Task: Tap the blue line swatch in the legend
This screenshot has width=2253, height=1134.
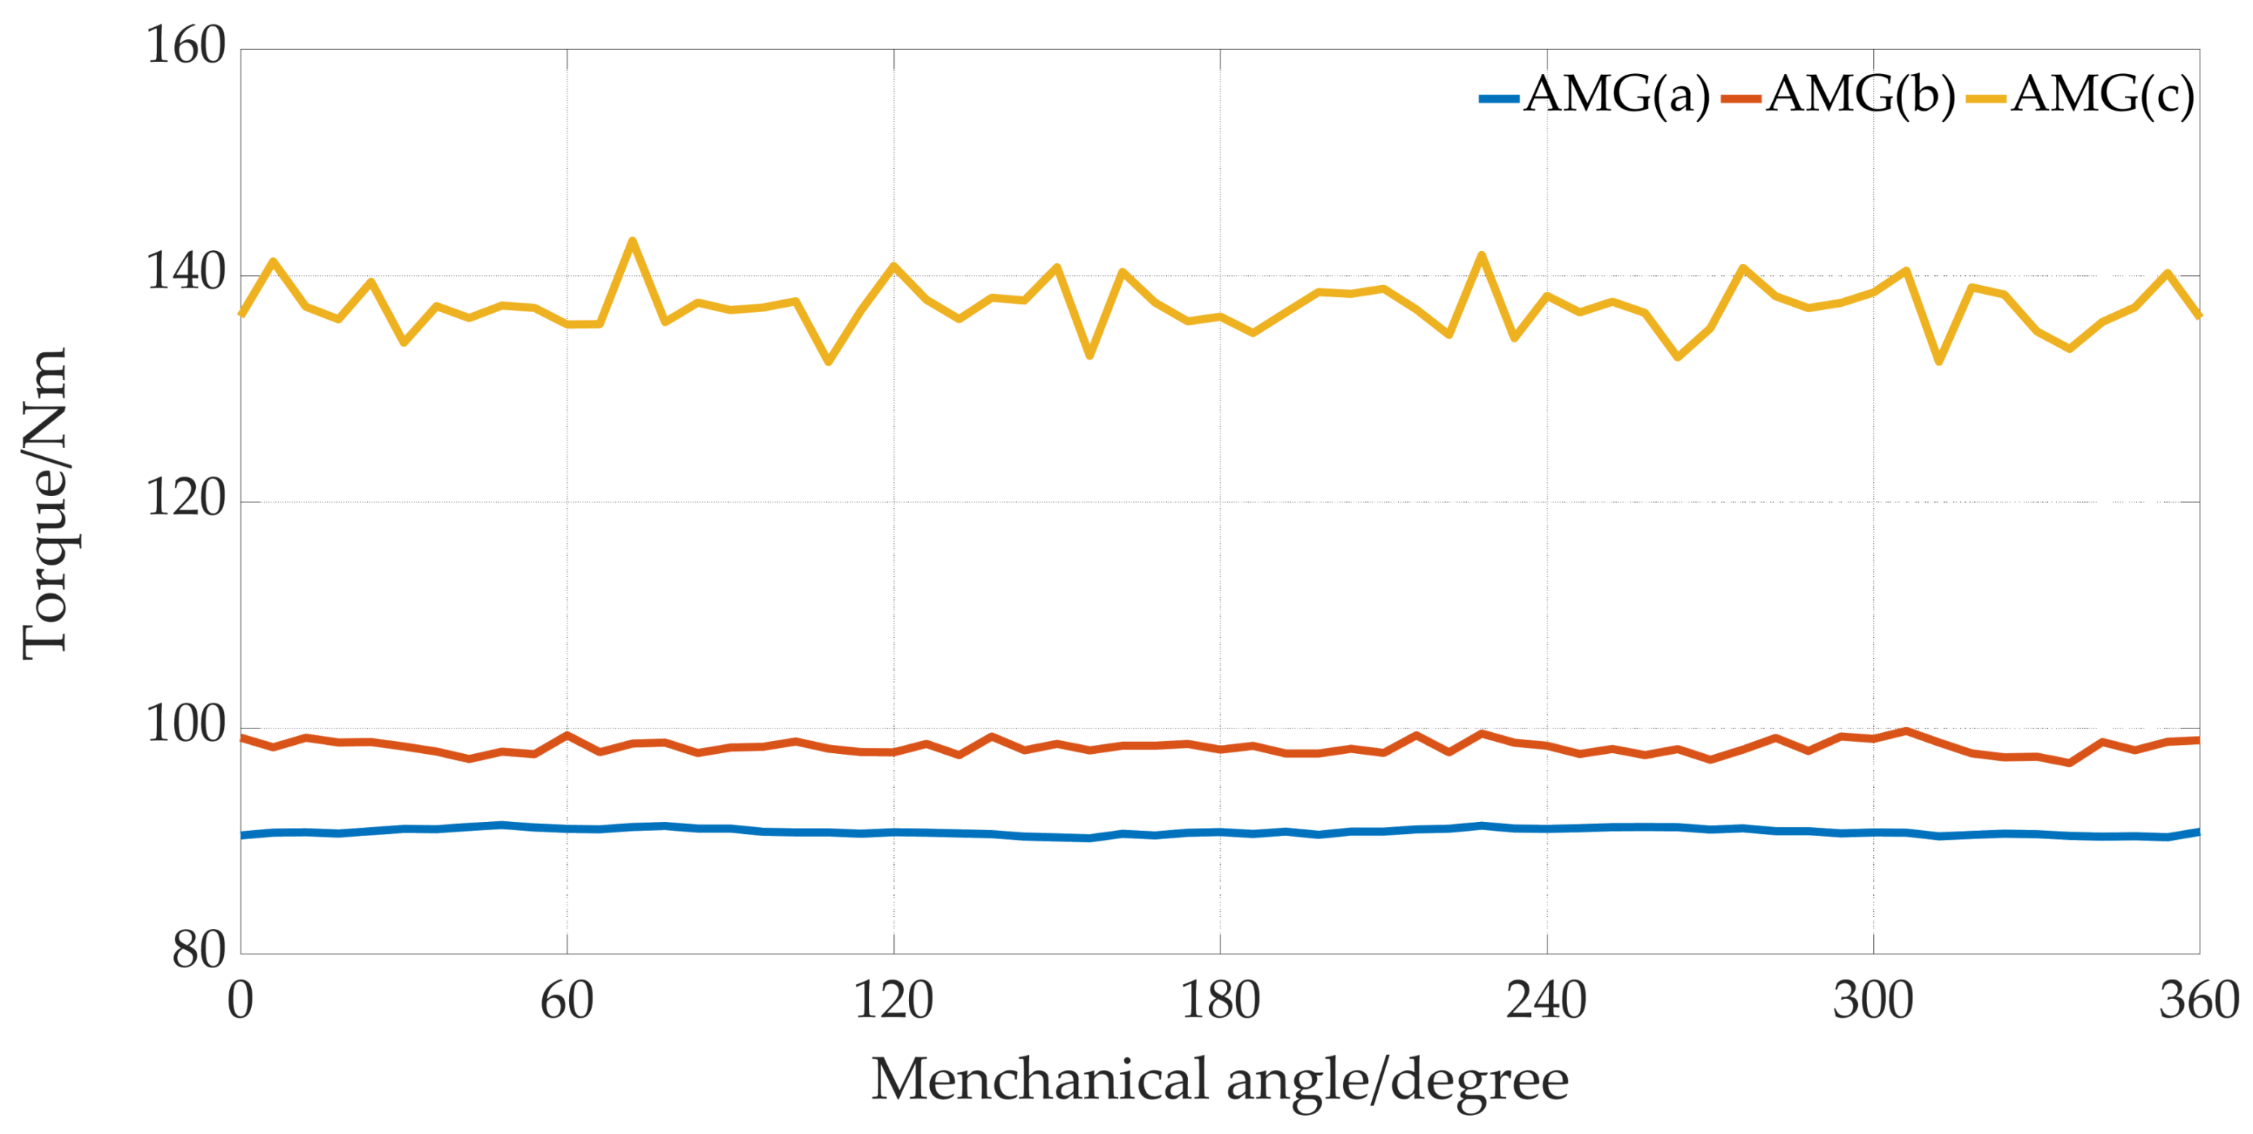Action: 1499,99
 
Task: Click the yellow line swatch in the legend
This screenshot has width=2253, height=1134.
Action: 1985,99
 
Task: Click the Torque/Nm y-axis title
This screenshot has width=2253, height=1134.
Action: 45,502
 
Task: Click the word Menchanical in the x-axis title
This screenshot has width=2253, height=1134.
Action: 1040,1080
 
